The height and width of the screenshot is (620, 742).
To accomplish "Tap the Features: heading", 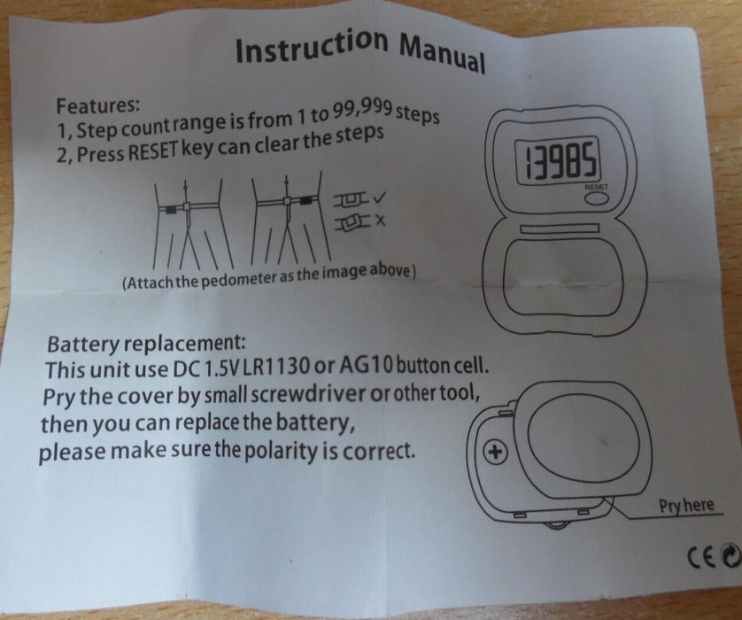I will click(97, 105).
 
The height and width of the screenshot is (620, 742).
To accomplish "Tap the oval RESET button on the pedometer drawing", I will click(594, 200).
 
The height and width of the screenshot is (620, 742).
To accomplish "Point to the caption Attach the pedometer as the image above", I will click(268, 273).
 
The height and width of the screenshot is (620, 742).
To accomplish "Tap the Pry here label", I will click(685, 506).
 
